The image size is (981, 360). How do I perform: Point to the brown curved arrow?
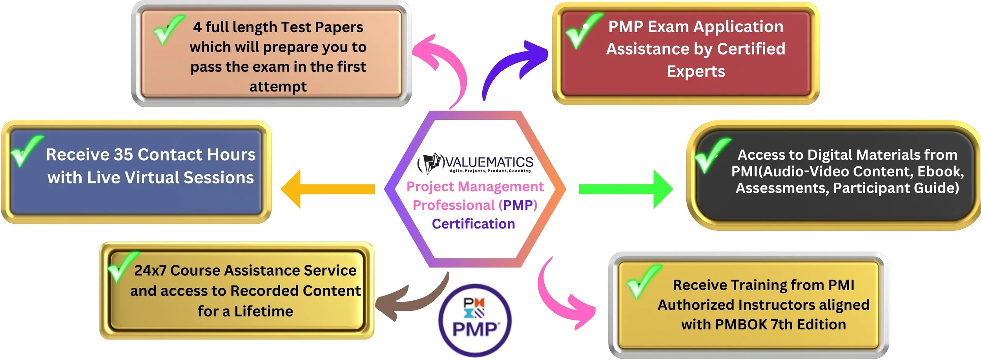click(412, 300)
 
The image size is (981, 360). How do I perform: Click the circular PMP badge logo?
click(475, 320)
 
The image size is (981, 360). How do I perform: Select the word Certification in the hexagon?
click(473, 224)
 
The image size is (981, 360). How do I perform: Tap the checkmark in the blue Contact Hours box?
click(26, 151)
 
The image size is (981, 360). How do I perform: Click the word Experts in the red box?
click(696, 71)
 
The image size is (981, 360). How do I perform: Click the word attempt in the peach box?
click(278, 86)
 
